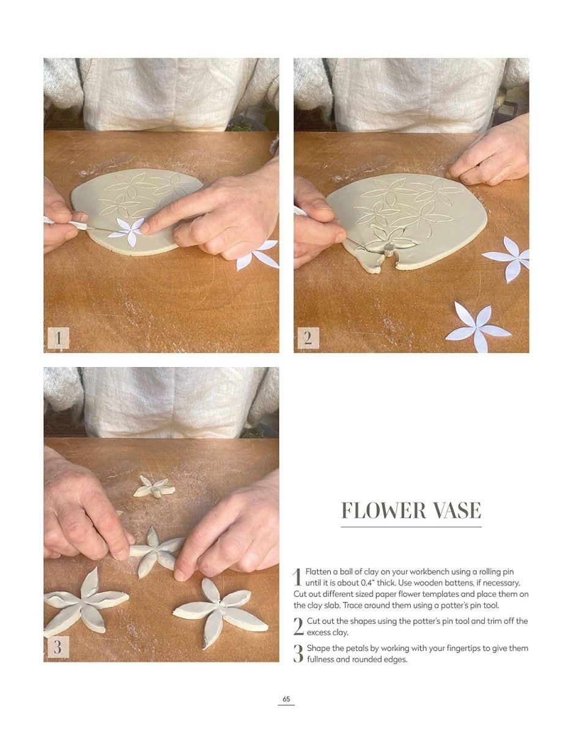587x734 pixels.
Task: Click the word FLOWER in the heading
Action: [x=383, y=510]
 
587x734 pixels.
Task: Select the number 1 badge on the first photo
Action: [x=58, y=338]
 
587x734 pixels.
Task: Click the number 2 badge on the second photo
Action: [x=308, y=338]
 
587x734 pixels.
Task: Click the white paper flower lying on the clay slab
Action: [x=127, y=231]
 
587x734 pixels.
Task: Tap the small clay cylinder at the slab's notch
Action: [x=388, y=250]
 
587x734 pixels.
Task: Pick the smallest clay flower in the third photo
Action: [x=154, y=487]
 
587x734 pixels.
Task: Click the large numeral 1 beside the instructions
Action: [x=297, y=577]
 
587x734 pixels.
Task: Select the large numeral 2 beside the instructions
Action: [x=298, y=626]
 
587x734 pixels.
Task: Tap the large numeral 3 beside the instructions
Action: [x=298, y=653]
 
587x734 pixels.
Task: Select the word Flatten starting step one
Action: [x=318, y=571]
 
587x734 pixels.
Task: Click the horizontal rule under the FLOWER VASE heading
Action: [x=412, y=527]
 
